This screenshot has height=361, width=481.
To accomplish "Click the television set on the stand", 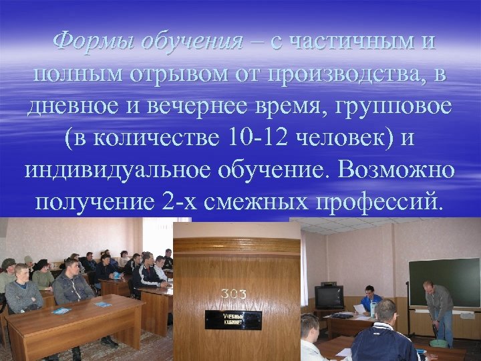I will point(329,295).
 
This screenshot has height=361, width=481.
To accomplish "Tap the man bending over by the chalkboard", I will point(438,308).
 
